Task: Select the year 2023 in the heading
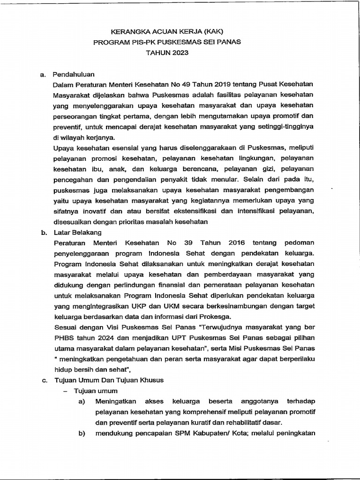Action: point(179,53)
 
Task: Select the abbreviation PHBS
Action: point(63,337)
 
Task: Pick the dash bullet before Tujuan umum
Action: point(66,391)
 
